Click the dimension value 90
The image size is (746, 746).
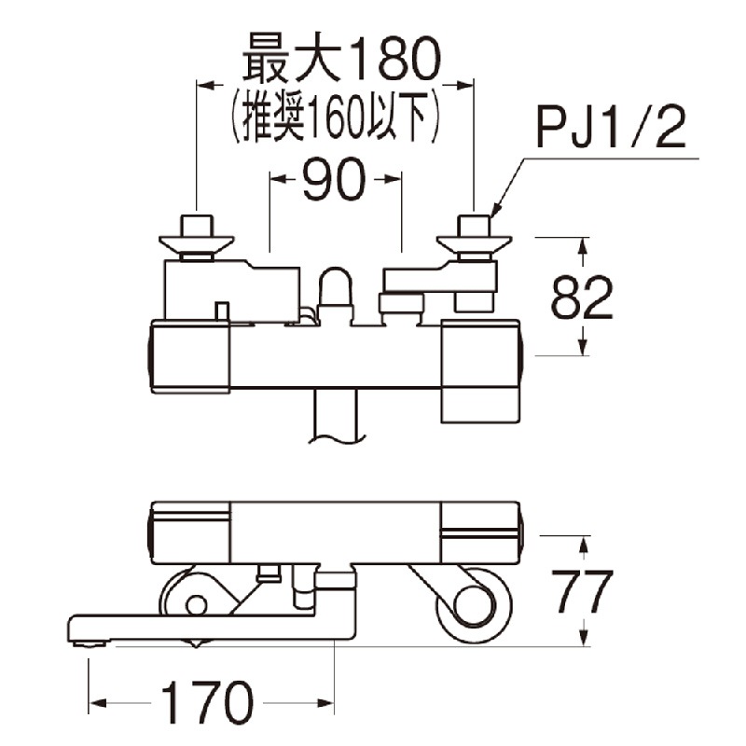tap(335, 185)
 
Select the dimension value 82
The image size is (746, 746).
tap(581, 297)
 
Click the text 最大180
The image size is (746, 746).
tap(339, 62)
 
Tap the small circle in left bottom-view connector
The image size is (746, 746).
tap(196, 605)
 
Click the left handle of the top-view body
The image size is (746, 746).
tap(190, 355)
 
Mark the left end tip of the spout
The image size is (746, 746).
tap(75, 629)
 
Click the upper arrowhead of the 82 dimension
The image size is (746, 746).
tap(585, 243)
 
